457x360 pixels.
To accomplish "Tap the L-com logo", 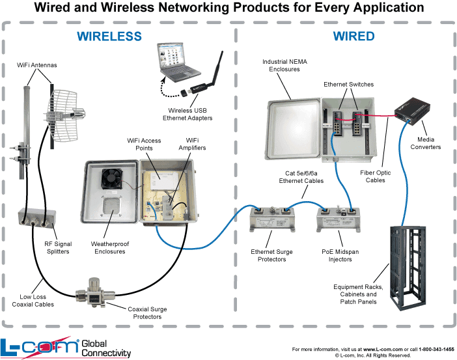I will pos(39,346).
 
